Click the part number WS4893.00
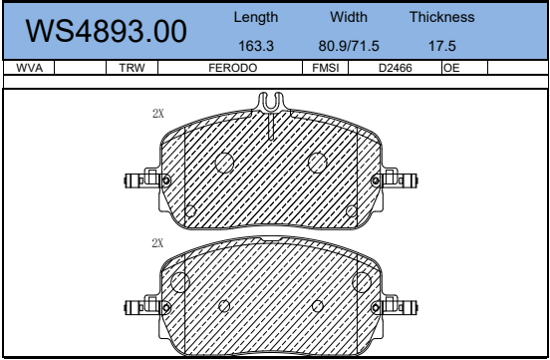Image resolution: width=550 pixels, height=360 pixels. click(x=106, y=31)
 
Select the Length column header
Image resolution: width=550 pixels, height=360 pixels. click(x=256, y=17)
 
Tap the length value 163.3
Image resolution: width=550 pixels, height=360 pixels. click(x=256, y=46)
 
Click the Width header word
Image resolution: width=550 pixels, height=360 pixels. click(x=349, y=17)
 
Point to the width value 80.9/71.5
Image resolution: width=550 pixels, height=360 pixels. click(x=349, y=46)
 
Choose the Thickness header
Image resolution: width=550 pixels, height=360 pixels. click(x=442, y=17)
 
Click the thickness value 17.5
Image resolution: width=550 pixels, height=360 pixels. click(x=442, y=46)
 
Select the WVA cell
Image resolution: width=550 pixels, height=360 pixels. click(x=30, y=68)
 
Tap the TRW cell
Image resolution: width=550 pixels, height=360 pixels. click(x=132, y=68)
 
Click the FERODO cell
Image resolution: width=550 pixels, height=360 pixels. click(x=232, y=68)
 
